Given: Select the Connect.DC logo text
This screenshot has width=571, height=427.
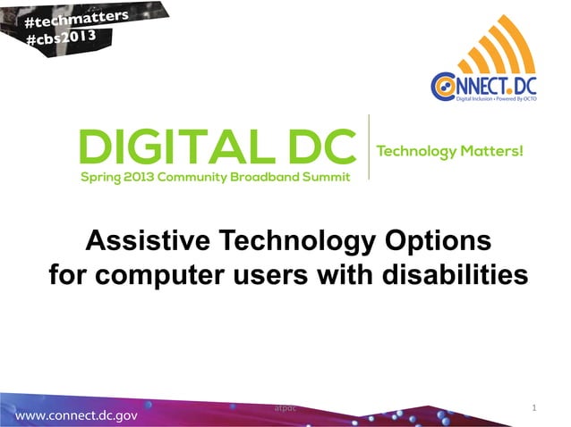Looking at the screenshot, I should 483,86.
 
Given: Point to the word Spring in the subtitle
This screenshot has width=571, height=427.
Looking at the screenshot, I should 101,176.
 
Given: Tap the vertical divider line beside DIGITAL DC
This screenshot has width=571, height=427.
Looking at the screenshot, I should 369,147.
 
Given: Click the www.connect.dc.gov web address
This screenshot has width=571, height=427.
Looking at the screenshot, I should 76,415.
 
